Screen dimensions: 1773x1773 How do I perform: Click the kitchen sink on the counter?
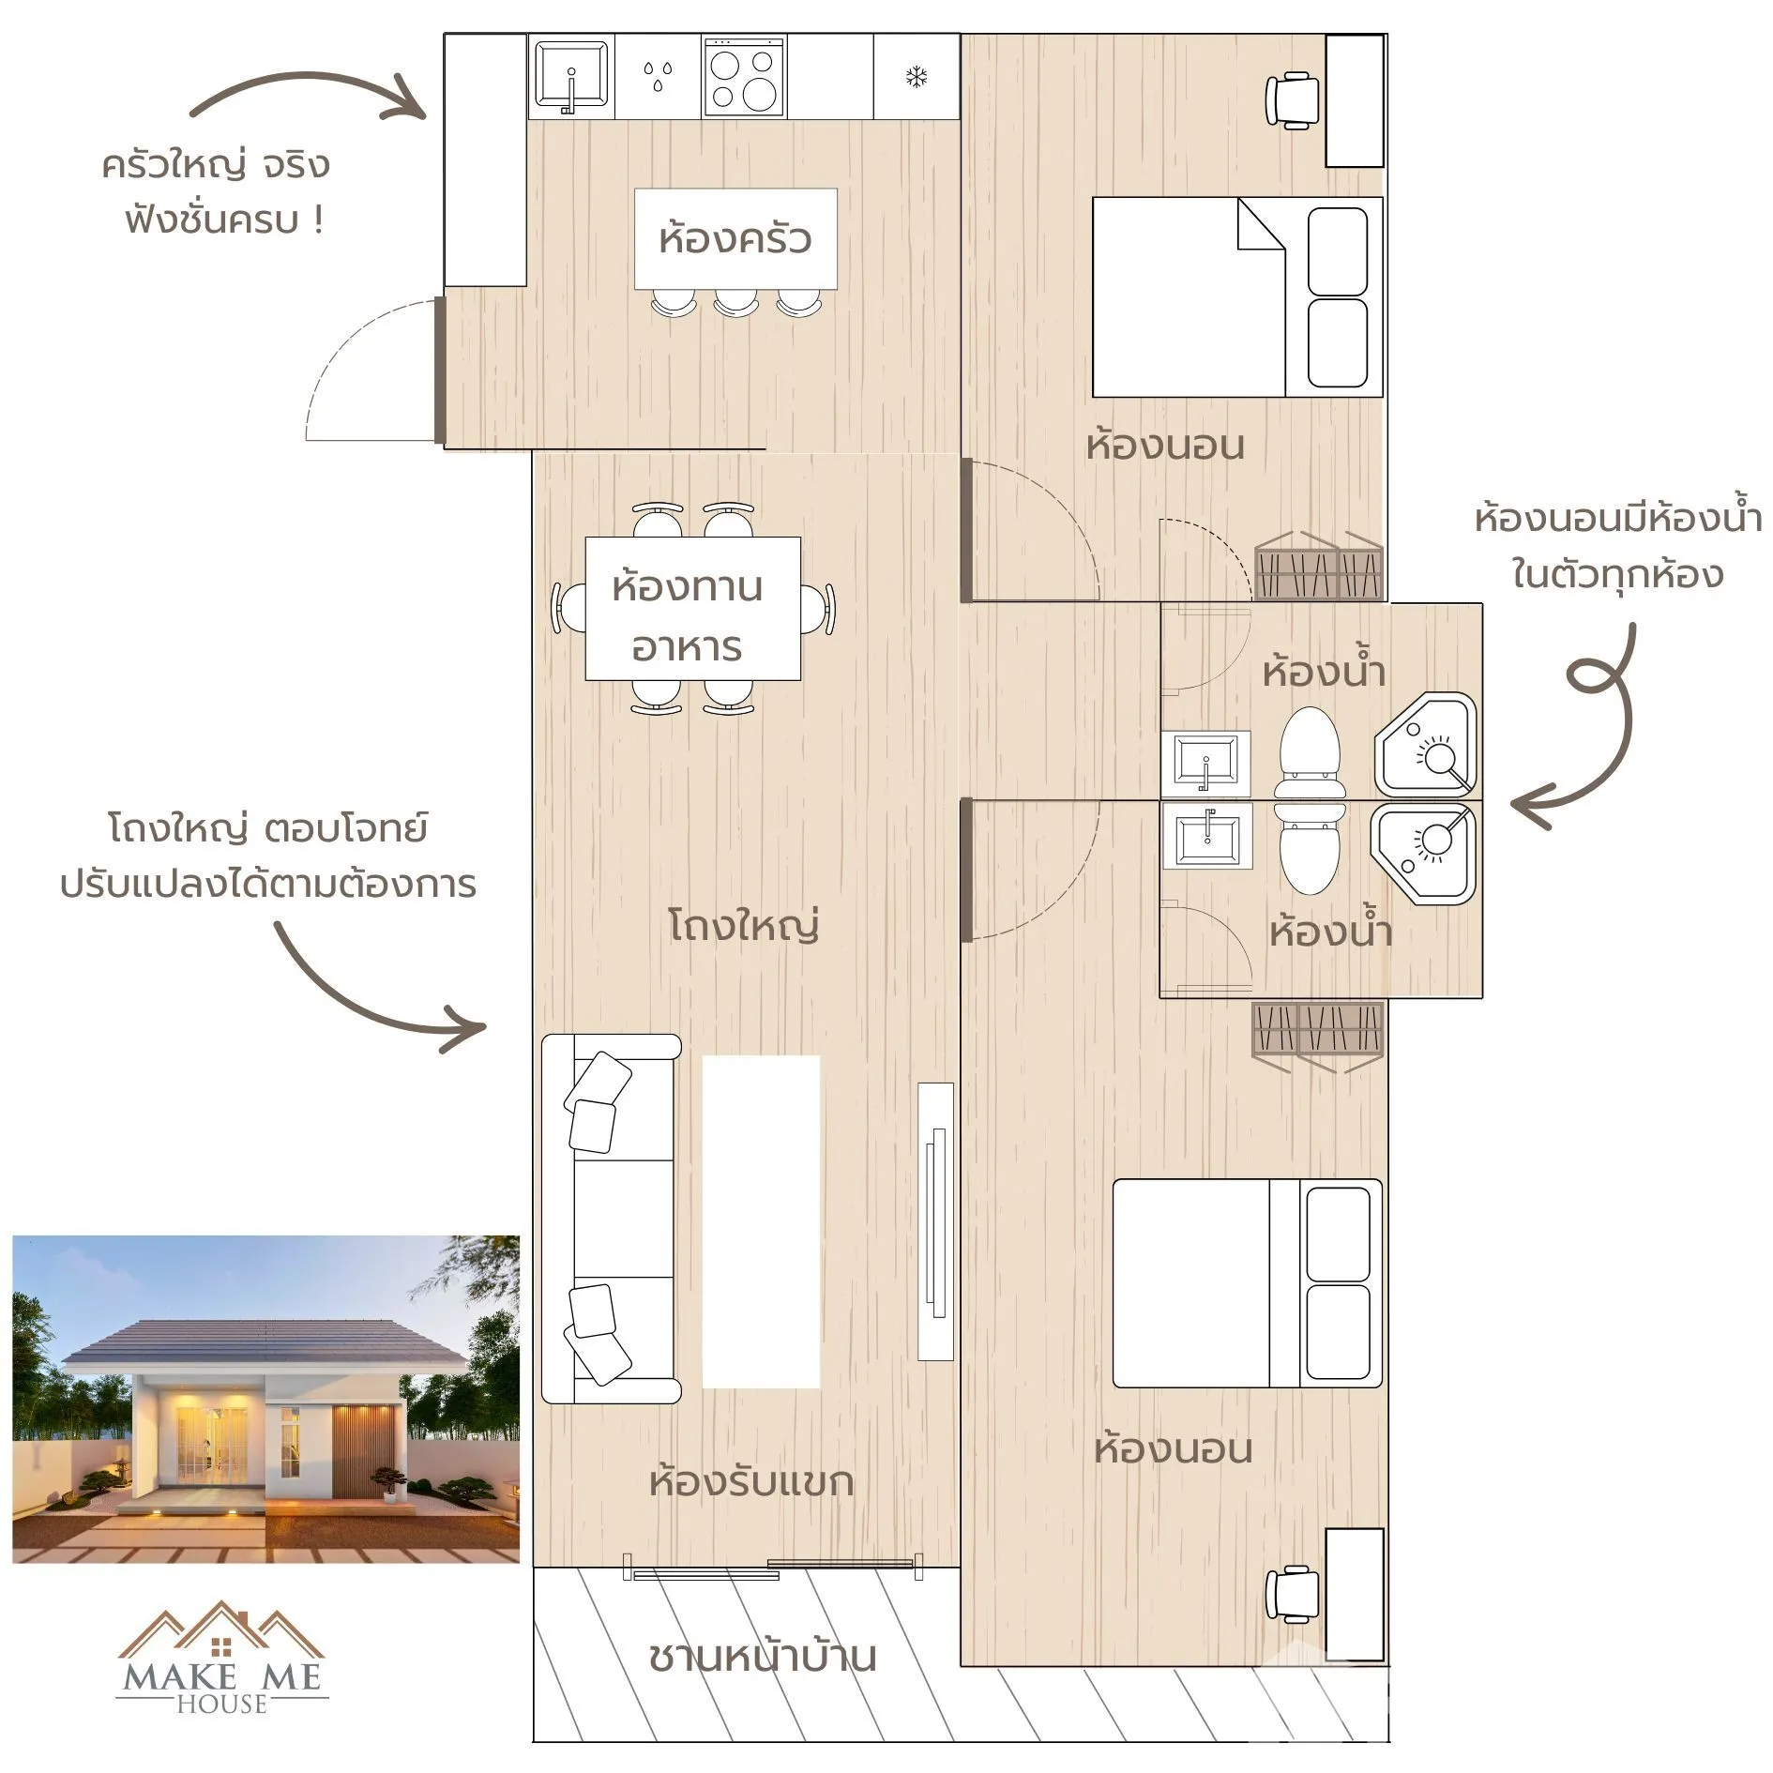pos(571,75)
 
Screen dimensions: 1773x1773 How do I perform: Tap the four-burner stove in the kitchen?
pos(743,77)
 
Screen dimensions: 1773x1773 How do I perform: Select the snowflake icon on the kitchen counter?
pos(917,77)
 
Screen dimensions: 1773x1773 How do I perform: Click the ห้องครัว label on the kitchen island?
pos(735,238)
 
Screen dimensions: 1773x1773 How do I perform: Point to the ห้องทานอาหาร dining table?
pos(692,608)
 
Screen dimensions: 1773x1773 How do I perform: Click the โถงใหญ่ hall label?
pos(744,925)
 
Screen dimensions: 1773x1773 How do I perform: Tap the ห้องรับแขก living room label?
pos(751,1482)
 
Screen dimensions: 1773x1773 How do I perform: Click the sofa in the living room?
pos(611,1219)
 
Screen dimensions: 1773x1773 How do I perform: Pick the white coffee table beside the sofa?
pos(761,1221)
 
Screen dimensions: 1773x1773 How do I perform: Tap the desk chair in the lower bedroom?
pos(1292,1594)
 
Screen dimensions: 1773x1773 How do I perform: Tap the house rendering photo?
pos(265,1399)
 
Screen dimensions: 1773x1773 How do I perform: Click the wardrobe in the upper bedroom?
pos(1319,566)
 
